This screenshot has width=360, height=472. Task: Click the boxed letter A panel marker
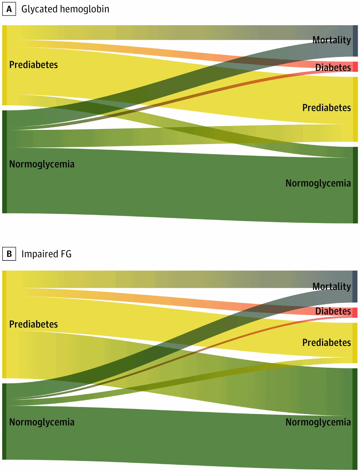click(9, 9)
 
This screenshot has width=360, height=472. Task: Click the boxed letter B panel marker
click(9, 254)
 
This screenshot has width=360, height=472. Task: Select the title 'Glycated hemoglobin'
click(65, 9)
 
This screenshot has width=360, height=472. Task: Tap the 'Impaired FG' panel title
click(46, 254)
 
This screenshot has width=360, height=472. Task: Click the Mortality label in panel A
click(331, 40)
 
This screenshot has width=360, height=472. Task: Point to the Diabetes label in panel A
click(333, 67)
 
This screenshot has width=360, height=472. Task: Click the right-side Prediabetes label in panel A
click(327, 108)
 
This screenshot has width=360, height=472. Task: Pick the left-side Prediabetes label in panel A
click(33, 65)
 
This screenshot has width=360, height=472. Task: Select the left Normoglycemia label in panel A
click(42, 164)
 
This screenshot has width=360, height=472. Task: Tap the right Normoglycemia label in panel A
click(318, 183)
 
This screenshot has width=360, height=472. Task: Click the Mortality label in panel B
click(331, 286)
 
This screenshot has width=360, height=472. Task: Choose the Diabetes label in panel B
click(333, 311)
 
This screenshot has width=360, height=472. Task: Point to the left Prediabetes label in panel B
click(33, 324)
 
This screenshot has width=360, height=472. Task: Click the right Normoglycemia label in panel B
click(318, 422)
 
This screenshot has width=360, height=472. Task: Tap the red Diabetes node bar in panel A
click(355, 67)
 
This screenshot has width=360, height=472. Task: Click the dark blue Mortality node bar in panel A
click(355, 41)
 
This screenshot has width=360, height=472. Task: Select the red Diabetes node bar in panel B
click(355, 312)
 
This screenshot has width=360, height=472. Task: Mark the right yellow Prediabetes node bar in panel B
click(355, 343)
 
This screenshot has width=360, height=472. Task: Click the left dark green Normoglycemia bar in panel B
click(5, 421)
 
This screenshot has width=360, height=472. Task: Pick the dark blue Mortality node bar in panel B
click(355, 286)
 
